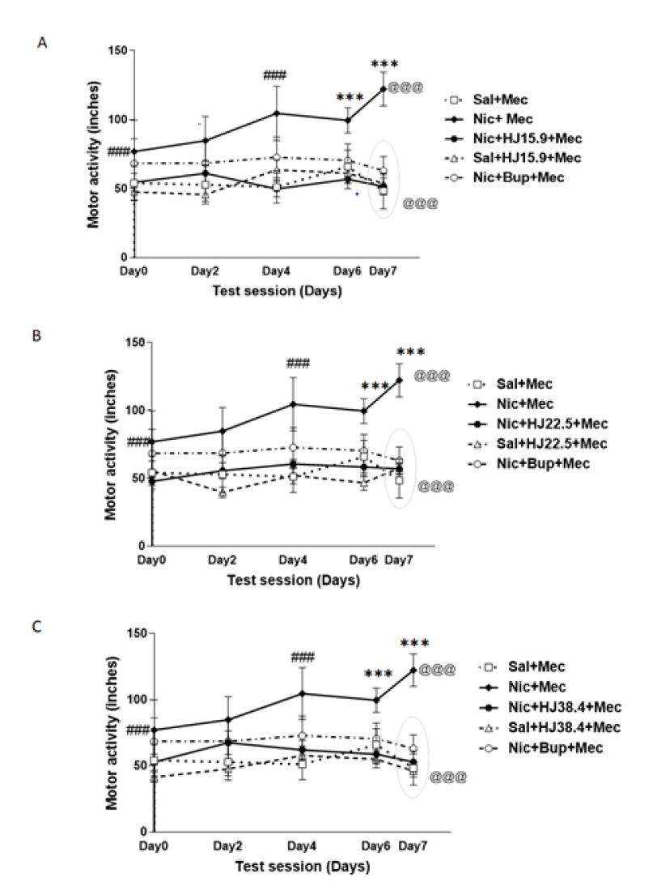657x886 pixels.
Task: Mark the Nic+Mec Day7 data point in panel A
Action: (384, 88)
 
